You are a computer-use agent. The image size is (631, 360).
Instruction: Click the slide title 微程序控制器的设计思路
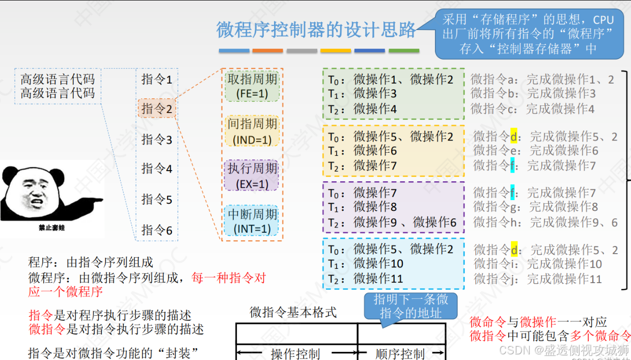(316, 30)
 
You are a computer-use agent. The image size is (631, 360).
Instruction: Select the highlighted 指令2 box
(157, 108)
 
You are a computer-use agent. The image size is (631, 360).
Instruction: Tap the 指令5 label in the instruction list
(157, 200)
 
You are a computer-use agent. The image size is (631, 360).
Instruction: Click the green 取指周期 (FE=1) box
(252, 86)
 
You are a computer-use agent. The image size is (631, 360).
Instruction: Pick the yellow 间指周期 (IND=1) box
(252, 131)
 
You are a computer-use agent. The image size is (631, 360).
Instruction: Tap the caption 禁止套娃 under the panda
(51, 228)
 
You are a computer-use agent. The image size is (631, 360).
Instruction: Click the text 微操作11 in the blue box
(378, 279)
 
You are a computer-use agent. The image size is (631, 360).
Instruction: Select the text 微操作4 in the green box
(375, 109)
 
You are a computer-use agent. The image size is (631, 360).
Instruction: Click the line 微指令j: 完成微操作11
(537, 279)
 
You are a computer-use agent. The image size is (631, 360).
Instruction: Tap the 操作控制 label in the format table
(295, 353)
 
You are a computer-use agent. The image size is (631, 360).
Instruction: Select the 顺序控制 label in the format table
(400, 353)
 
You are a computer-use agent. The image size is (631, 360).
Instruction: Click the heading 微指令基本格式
(293, 312)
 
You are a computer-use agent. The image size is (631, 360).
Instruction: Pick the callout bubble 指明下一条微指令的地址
(411, 306)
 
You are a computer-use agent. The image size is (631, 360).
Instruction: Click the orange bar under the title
(267, 51)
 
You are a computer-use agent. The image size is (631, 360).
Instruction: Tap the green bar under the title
(404, 51)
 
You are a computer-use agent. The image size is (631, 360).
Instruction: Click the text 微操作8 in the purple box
(375, 207)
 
